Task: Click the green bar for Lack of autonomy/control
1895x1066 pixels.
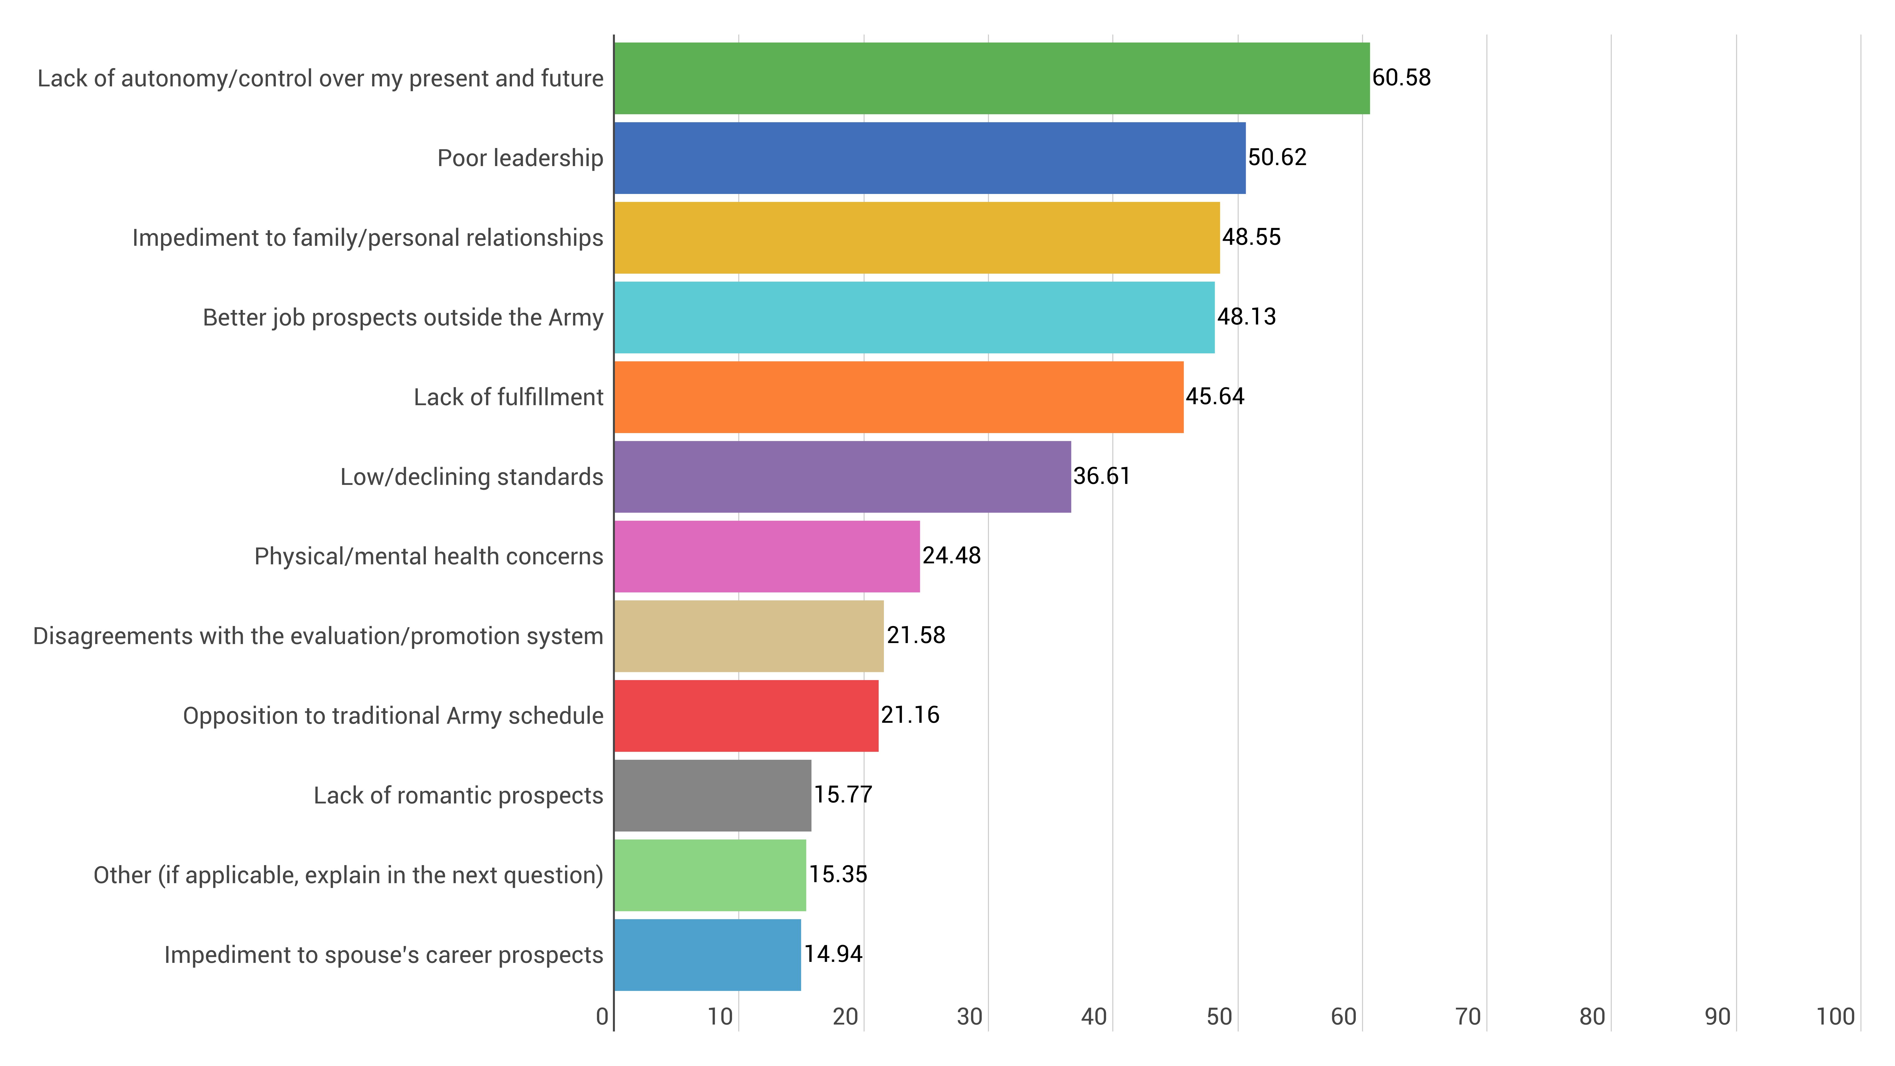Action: click(x=992, y=78)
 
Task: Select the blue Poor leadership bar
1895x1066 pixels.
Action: click(x=930, y=158)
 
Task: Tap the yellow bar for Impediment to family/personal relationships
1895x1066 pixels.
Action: click(x=917, y=238)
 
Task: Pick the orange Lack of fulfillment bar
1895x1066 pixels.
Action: click(x=899, y=397)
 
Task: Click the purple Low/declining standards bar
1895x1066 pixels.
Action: click(x=842, y=477)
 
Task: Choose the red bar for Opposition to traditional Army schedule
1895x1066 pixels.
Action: click(x=746, y=716)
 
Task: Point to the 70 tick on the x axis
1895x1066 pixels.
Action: click(x=1468, y=1017)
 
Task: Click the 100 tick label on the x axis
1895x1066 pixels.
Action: click(x=1835, y=1017)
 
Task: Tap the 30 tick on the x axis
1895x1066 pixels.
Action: click(x=969, y=1017)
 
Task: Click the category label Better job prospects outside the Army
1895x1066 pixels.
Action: click(x=403, y=318)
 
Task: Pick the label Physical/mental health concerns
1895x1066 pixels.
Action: click(x=429, y=556)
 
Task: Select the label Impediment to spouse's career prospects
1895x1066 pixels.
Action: click(x=383, y=955)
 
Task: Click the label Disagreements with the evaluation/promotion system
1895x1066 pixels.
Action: click(x=318, y=636)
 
